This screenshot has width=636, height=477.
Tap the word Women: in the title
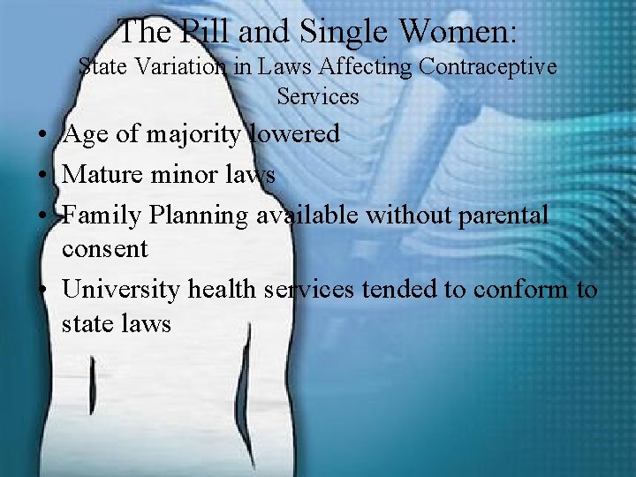[458, 32]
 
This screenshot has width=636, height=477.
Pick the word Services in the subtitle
[318, 96]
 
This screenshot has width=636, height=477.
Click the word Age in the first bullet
[85, 134]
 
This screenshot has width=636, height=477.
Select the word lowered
[293, 134]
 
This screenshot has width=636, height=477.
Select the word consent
[105, 249]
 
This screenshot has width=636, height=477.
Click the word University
[121, 289]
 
